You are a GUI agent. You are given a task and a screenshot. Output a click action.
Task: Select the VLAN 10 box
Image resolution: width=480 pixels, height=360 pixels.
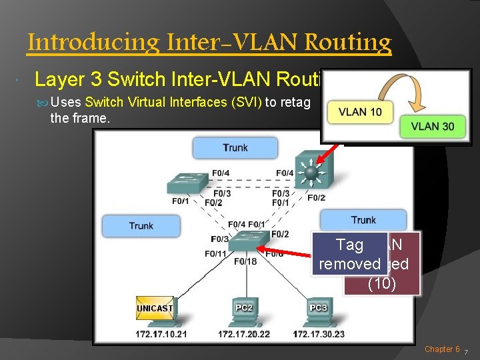(x=360, y=111)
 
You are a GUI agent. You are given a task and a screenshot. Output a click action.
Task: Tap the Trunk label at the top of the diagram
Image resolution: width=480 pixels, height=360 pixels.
(x=235, y=147)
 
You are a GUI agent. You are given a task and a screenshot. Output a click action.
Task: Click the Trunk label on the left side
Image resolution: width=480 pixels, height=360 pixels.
(x=141, y=225)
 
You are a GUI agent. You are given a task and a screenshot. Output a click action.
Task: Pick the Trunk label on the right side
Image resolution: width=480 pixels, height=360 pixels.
(x=363, y=220)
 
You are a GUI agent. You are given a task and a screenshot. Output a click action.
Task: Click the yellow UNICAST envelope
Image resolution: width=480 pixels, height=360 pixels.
(x=155, y=309)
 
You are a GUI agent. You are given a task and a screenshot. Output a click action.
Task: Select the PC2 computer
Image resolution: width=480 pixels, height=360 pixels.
(x=243, y=311)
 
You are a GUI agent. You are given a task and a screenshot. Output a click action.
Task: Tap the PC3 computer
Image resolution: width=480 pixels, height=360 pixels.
(x=318, y=311)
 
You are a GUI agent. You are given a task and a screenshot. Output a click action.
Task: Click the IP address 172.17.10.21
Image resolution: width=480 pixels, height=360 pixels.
(x=161, y=333)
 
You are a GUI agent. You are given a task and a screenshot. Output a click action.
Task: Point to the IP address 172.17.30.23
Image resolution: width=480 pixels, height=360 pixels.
(x=319, y=333)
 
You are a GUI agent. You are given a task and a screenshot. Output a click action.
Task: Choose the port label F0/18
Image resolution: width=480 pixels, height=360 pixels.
(x=245, y=261)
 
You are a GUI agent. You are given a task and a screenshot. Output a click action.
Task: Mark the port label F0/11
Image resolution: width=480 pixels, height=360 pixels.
(x=216, y=253)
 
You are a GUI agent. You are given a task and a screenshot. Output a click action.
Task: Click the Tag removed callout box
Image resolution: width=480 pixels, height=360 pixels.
(x=350, y=255)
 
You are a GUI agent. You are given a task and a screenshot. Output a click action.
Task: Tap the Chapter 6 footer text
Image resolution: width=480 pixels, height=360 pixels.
(x=442, y=349)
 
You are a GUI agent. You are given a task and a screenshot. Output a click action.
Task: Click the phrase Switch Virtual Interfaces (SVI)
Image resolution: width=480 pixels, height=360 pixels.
(x=174, y=103)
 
